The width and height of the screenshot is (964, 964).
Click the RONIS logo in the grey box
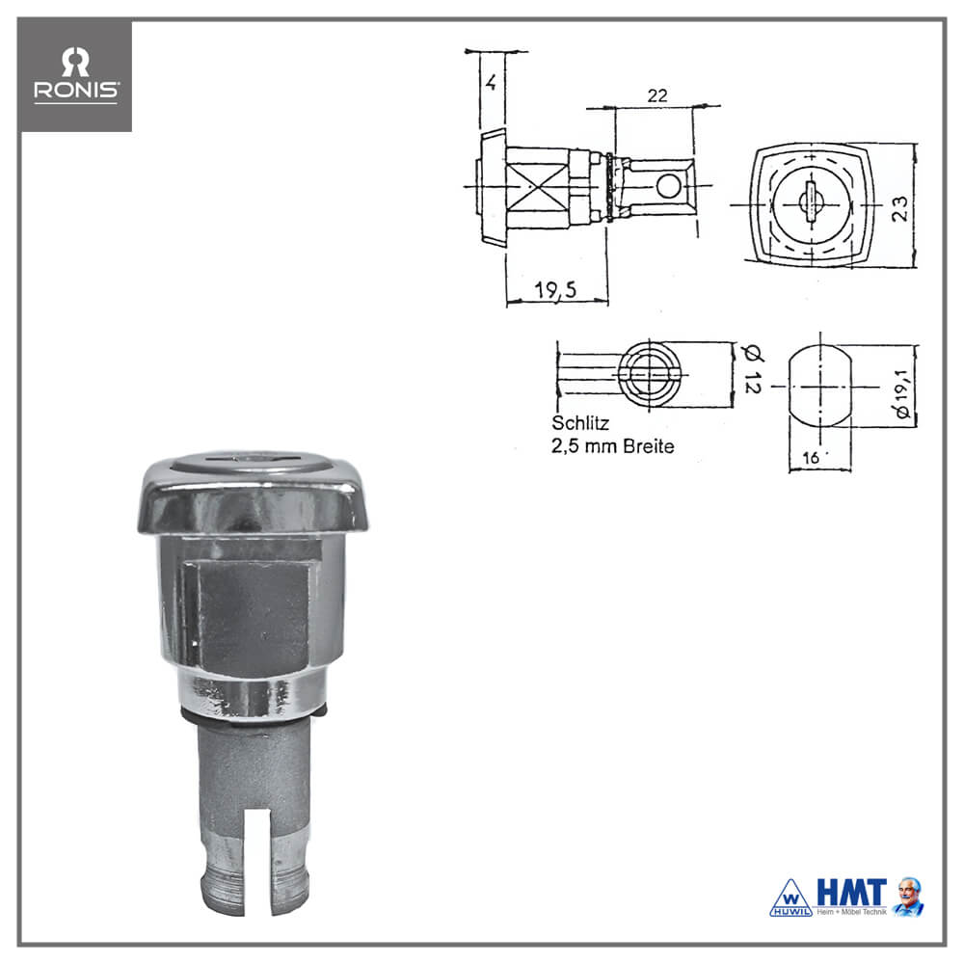tap(75, 74)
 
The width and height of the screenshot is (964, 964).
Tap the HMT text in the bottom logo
tap(851, 892)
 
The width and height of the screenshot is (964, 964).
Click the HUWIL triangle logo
tap(791, 898)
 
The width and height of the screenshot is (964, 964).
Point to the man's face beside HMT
tap(909, 894)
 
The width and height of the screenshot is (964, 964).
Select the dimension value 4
tap(491, 82)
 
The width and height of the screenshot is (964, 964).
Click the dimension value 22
tap(657, 95)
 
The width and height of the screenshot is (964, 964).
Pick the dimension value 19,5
tap(555, 289)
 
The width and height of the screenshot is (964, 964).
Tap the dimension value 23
tap(899, 208)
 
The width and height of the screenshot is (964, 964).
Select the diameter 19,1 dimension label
tap(902, 393)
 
